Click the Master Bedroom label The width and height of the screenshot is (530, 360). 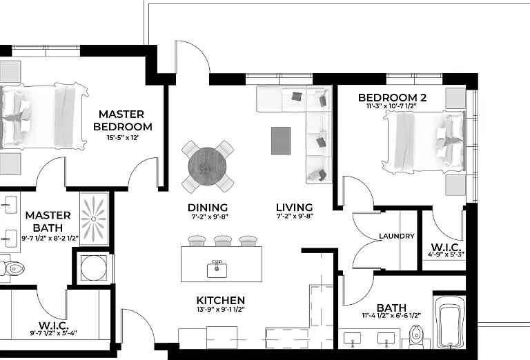123,120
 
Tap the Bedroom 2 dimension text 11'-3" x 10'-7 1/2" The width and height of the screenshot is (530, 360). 391,106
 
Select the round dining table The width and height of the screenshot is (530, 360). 207,166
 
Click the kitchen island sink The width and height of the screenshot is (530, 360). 217,269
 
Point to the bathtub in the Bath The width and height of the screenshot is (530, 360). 450,322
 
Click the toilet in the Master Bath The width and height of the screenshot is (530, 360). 12,269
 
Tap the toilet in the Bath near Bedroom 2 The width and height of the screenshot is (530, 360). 416,337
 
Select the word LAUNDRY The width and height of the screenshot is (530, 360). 397,236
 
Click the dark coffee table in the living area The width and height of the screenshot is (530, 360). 281,141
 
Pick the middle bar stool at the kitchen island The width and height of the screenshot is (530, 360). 223,241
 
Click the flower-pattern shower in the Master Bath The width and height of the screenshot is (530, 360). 94,219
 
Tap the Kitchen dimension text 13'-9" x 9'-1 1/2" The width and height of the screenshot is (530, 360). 221,309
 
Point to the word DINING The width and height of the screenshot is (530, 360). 208,208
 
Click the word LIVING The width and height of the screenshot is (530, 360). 295,208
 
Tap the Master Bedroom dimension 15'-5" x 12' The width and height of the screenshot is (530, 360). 123,137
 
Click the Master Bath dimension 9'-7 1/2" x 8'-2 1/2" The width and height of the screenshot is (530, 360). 50,238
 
